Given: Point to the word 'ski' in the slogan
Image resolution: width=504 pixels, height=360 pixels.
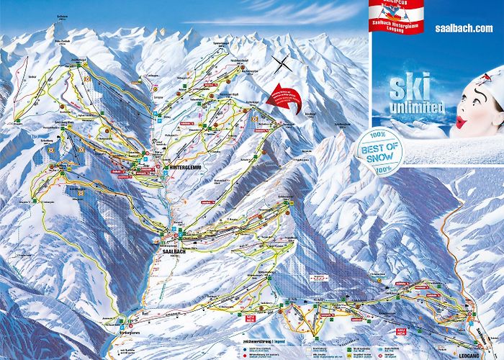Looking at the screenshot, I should click(410, 90).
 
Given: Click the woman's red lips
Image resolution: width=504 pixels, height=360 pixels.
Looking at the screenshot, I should click(463, 123).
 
